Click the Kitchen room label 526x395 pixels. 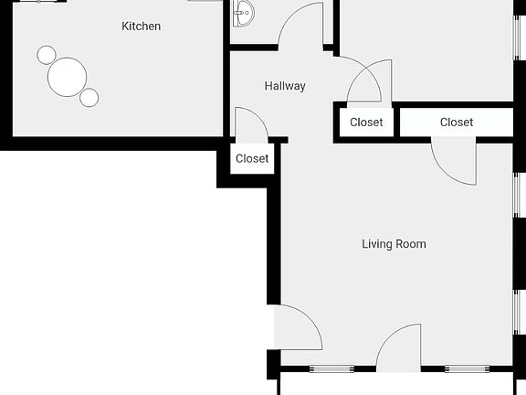141,27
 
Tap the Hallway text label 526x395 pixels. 285,86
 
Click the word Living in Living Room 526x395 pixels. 379,244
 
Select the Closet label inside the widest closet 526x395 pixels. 457,123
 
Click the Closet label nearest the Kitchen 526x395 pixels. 252,158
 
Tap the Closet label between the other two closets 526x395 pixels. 366,123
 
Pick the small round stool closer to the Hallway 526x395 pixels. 89,97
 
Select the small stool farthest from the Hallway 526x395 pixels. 47,55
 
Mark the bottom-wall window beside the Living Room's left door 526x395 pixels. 331,369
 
